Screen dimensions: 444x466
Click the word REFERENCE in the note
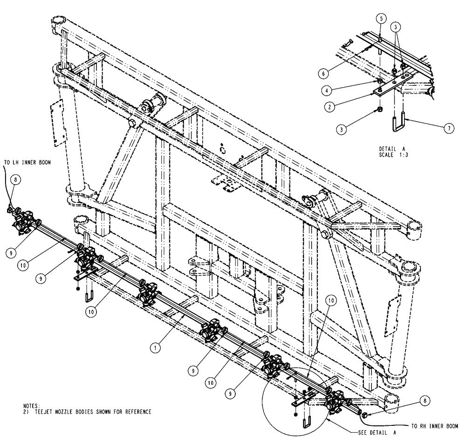[135, 412]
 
